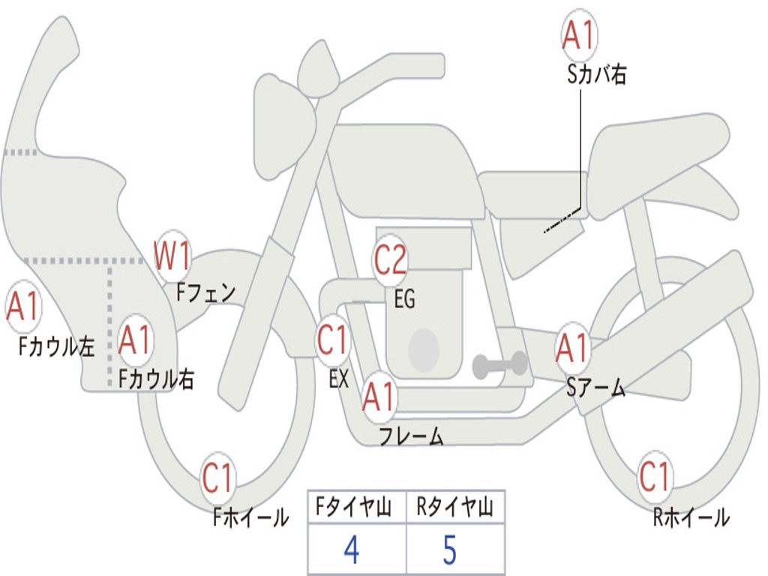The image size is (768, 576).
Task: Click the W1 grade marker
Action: pos(172,256)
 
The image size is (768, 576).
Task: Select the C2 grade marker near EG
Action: pos(390,260)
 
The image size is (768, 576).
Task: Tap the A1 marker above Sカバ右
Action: pos(578,35)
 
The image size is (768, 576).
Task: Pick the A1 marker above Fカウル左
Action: pos(22,307)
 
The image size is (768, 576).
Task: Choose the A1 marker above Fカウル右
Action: pos(136,341)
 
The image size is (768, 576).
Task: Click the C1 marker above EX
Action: pos(333,340)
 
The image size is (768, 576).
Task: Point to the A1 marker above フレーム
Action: pos(378,397)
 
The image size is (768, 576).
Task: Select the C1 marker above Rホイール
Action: pos(655,477)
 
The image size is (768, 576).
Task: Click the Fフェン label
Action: pos(206,292)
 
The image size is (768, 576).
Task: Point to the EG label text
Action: pos(404,300)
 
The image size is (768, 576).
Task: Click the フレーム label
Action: pos(411,436)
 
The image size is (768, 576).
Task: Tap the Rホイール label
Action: pos(690,517)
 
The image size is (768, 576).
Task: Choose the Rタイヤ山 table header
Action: pos(454,509)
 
